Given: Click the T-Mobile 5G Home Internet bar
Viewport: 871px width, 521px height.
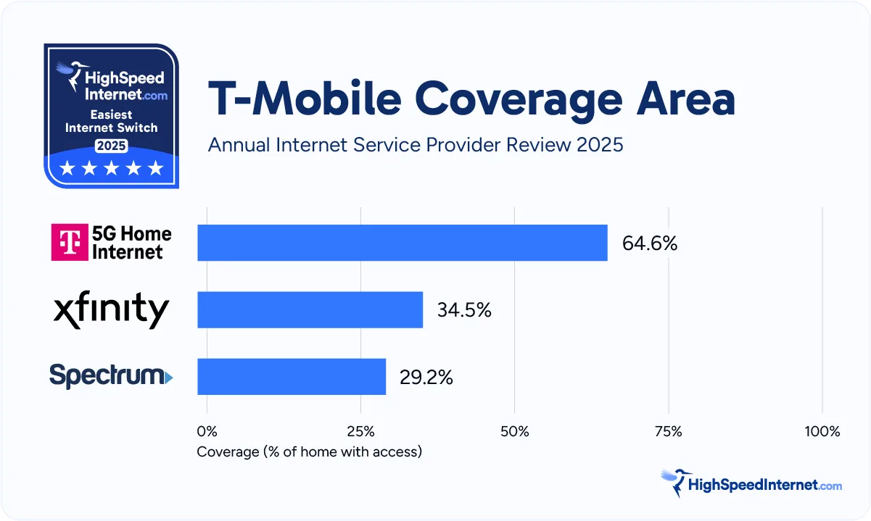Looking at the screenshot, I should point(402,243).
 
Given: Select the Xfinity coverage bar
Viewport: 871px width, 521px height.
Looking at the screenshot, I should point(310,310).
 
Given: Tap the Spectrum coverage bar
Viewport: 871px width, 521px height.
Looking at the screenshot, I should point(291,377).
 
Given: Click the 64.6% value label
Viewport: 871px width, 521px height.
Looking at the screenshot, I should point(649,243).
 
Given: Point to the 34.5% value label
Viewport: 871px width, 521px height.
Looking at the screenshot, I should point(464,310).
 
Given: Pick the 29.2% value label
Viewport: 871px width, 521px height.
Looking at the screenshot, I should point(426,377).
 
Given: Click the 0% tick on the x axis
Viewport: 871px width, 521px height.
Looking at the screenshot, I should point(207,432).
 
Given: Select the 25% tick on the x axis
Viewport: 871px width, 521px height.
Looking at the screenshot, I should point(360,432).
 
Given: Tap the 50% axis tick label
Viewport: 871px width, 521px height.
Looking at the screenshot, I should point(514,432).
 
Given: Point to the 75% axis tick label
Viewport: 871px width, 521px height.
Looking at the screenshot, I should point(668,432).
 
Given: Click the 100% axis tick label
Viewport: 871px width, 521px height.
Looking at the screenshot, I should point(822,432).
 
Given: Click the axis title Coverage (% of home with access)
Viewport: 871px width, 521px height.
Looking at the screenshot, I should point(309,451).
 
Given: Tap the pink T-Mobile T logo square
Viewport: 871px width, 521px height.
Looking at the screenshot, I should point(69,243).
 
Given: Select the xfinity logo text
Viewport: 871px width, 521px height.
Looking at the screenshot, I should point(111,311).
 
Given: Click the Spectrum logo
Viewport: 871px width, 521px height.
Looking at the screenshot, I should point(111,377).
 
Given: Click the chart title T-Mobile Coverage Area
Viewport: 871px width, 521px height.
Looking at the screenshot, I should point(471,99).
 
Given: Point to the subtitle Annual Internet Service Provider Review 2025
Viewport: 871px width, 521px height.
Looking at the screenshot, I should point(415,144).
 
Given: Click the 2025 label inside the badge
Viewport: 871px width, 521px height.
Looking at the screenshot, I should point(111,146).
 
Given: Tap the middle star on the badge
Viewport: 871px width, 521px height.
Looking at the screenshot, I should point(111,169).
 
